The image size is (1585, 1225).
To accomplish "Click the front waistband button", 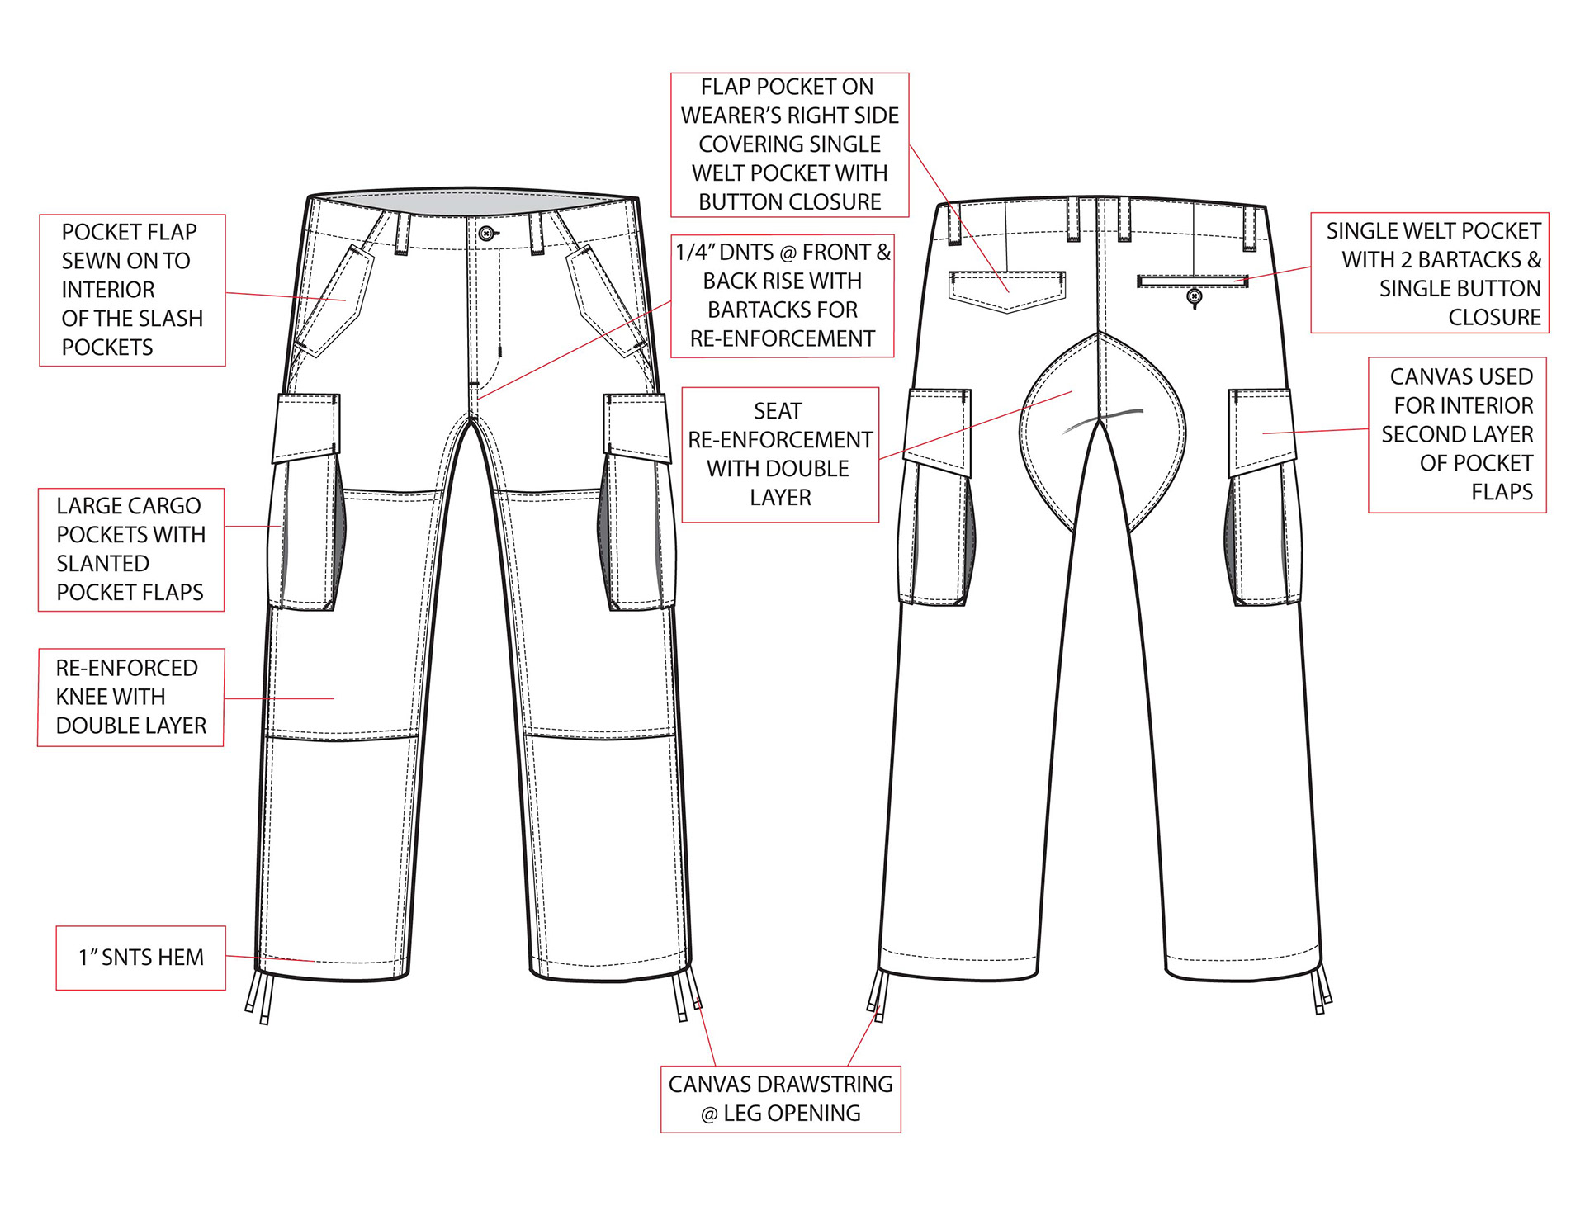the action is tap(486, 234).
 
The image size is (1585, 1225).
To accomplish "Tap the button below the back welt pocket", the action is tap(1194, 296).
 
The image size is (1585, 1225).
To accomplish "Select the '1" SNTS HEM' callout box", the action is tap(140, 958).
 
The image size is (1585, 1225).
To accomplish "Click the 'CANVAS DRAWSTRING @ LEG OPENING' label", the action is tap(780, 1099).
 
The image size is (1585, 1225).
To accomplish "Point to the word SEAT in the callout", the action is tap(778, 411).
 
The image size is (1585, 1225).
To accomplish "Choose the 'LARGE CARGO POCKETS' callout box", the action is tap(131, 550).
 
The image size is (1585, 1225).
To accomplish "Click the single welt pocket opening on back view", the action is tap(1192, 281).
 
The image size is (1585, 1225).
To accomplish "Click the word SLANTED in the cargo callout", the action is tap(103, 564).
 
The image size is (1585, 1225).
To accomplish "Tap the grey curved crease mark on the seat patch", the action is tap(1103, 419).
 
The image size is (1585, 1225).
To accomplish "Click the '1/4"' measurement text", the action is tap(695, 253).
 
